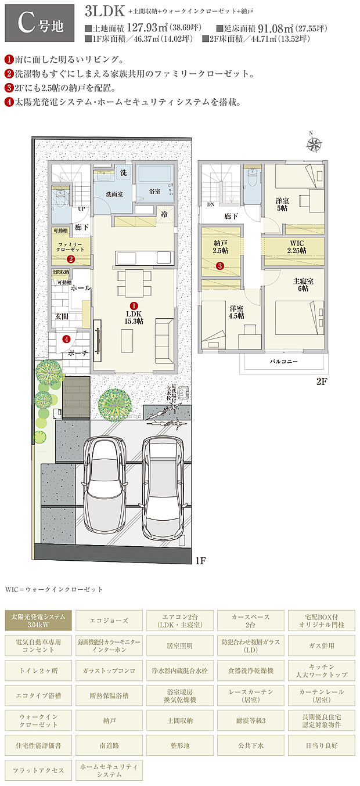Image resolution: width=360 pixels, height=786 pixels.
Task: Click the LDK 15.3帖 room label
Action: point(134,316)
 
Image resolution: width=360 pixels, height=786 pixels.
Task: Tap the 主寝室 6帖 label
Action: point(303,285)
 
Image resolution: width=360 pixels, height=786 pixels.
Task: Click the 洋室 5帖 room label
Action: point(283,204)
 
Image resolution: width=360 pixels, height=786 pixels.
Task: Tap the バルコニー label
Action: point(285,360)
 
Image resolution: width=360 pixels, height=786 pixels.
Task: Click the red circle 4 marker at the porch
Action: point(66,339)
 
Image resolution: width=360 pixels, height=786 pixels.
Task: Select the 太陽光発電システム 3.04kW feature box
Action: point(39,620)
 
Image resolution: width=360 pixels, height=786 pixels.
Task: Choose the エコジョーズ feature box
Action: point(110,620)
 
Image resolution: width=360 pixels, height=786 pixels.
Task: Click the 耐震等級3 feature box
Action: point(251,720)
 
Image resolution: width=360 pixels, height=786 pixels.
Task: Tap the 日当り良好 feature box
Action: point(322,745)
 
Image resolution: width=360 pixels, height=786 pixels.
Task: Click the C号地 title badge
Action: point(39,23)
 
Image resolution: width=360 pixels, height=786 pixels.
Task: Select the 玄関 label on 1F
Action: point(62,316)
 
